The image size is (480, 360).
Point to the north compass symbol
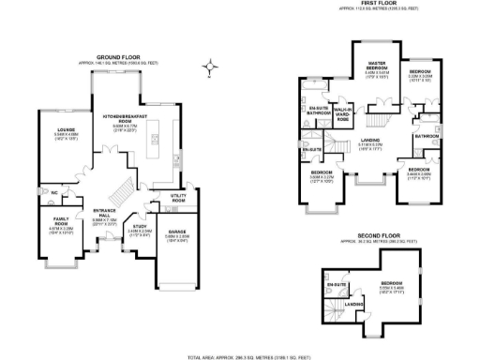(x=215, y=67)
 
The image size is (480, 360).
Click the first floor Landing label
(x=370, y=141)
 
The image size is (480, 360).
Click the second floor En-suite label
(x=337, y=284)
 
